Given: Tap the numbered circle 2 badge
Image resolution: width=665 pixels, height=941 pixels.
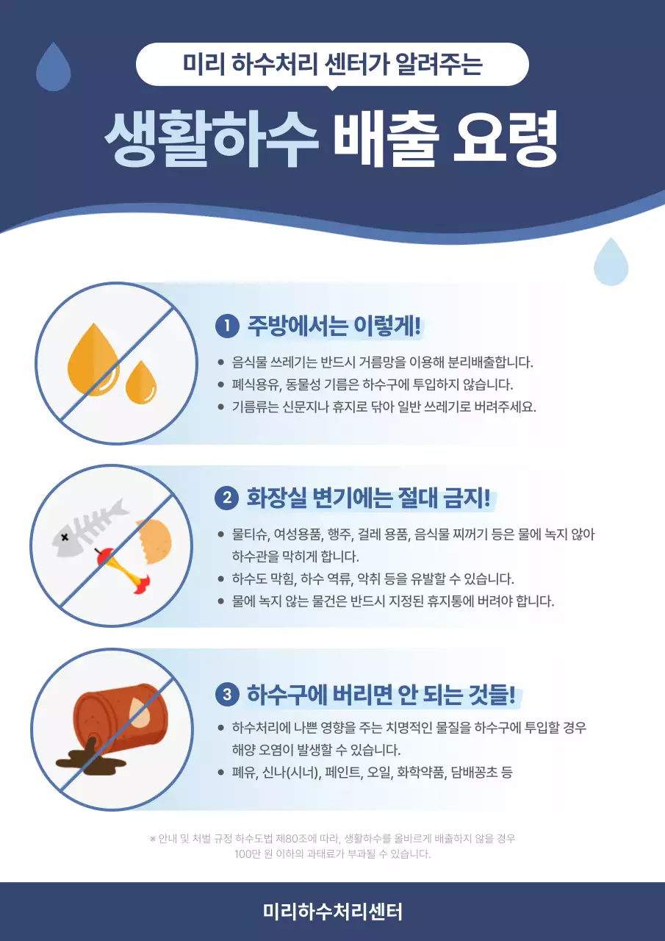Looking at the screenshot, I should (226, 498).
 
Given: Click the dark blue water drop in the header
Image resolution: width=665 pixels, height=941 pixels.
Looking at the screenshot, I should (54, 67).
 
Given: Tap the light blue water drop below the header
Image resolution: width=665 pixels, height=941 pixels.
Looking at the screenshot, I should (611, 262).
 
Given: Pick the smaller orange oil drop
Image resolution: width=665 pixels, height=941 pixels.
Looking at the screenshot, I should (141, 382).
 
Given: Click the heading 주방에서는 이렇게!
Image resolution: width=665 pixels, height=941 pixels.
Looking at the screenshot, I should (338, 325).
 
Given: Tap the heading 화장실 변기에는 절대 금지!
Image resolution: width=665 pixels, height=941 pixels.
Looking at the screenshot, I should (368, 498).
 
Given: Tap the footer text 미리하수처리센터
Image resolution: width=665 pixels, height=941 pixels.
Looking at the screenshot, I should (332, 912).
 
